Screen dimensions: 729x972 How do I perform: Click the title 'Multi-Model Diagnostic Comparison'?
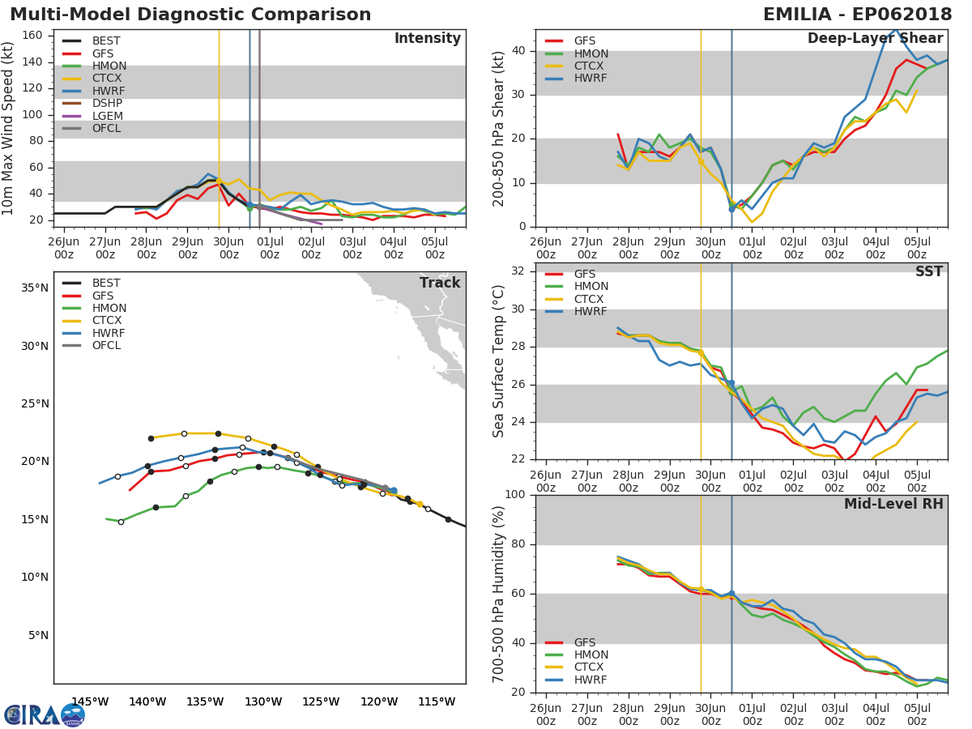click(x=190, y=15)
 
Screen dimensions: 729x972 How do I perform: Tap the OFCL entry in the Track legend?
click(x=107, y=345)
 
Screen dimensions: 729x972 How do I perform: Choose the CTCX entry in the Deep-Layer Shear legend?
click(x=590, y=66)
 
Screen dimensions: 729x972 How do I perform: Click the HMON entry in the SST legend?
click(x=590, y=286)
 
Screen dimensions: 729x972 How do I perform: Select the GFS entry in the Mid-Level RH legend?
click(x=584, y=642)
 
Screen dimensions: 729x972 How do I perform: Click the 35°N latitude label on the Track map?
click(x=34, y=288)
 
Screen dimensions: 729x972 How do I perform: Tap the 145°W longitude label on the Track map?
click(x=90, y=701)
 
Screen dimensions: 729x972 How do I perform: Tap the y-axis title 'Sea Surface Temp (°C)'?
click(x=499, y=360)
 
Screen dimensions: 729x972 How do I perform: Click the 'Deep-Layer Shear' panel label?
click(x=875, y=39)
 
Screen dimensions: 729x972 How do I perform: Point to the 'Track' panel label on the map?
click(x=440, y=283)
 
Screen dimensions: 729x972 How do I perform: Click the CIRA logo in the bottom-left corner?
click(x=44, y=714)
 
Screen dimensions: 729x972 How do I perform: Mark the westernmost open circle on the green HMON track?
click(x=121, y=522)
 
